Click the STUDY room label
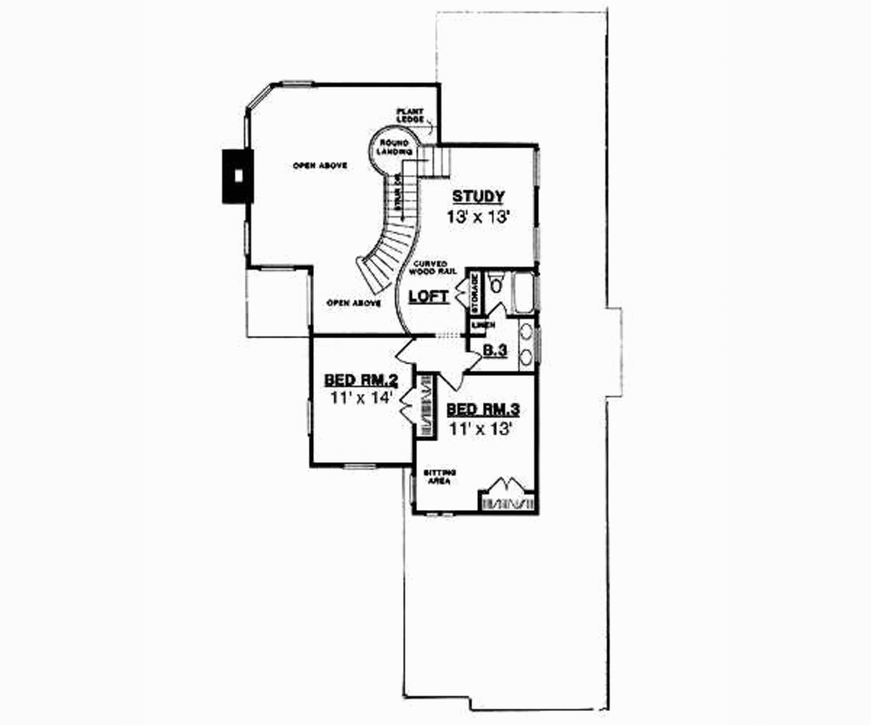(x=478, y=196)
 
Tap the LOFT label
(x=429, y=297)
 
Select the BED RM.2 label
(x=357, y=379)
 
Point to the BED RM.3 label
(x=483, y=410)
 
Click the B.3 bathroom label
(x=495, y=350)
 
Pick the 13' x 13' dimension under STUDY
(x=478, y=217)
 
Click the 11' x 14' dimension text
(x=357, y=398)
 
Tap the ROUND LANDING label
(x=394, y=146)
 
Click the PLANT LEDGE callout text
(x=409, y=115)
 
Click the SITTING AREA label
(x=440, y=476)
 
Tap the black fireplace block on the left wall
(x=238, y=176)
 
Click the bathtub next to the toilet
(x=523, y=292)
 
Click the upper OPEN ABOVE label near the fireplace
(x=320, y=165)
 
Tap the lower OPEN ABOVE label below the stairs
(x=353, y=303)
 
